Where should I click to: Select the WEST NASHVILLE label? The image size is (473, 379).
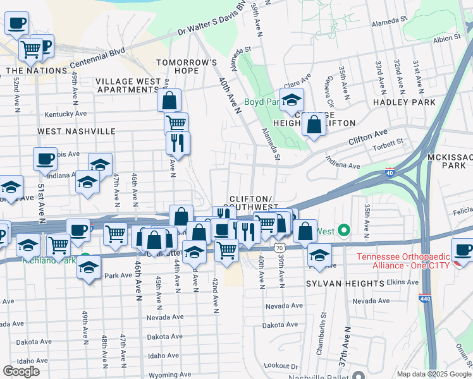click(77, 131)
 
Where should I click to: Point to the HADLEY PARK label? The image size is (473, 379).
click(404, 102)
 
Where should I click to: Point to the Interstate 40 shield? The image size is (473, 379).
click(390, 172)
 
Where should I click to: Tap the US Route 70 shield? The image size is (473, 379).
click(279, 248)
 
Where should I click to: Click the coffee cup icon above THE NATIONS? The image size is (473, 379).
click(17, 23)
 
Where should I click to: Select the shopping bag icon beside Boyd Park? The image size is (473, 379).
click(314, 124)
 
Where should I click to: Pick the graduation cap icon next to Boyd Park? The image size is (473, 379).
click(292, 100)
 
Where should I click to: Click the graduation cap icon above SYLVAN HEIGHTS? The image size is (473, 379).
click(319, 255)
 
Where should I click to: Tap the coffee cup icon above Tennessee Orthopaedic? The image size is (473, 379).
click(463, 250)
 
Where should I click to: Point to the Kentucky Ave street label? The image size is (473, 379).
click(65, 114)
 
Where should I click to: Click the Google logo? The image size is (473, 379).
click(21, 371)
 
